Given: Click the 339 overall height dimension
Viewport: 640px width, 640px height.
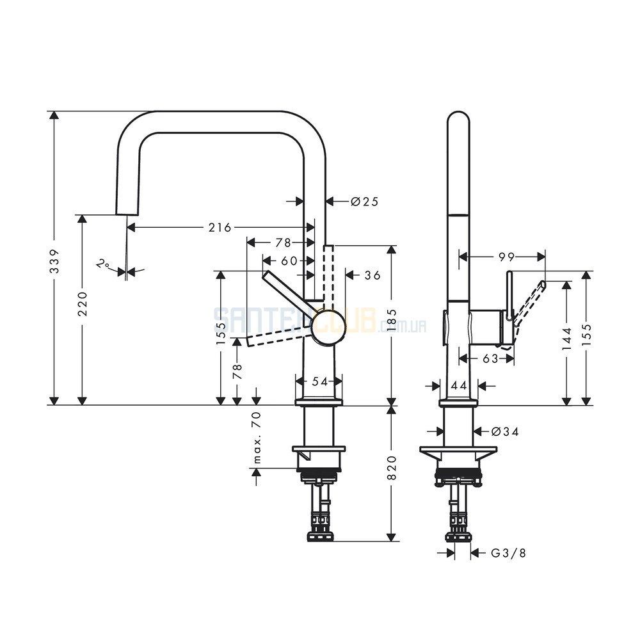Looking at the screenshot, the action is click(x=54, y=261).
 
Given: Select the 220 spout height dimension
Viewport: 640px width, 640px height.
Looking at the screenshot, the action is click(x=83, y=303).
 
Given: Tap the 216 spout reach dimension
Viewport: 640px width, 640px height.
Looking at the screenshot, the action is click(x=220, y=227).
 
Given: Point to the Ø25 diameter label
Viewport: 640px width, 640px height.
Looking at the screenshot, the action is click(x=365, y=201).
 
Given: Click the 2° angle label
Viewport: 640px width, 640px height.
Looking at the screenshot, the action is click(x=102, y=264).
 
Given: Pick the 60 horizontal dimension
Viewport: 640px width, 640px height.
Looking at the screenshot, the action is click(x=289, y=260).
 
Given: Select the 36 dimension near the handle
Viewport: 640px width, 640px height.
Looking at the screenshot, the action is click(x=372, y=275).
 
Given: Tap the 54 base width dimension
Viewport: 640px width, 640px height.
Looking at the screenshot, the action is click(x=319, y=381).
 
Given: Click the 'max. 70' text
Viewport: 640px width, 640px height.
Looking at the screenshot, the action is click(x=257, y=438).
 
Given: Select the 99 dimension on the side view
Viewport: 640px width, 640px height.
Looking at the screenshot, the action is click(x=506, y=257).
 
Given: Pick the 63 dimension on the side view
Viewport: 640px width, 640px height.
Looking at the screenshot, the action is click(x=490, y=358).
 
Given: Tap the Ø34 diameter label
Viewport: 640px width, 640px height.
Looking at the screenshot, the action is click(x=505, y=431).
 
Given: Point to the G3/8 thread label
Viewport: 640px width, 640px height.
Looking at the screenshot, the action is click(x=508, y=553).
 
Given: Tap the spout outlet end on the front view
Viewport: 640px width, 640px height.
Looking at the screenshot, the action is click(x=127, y=214).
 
